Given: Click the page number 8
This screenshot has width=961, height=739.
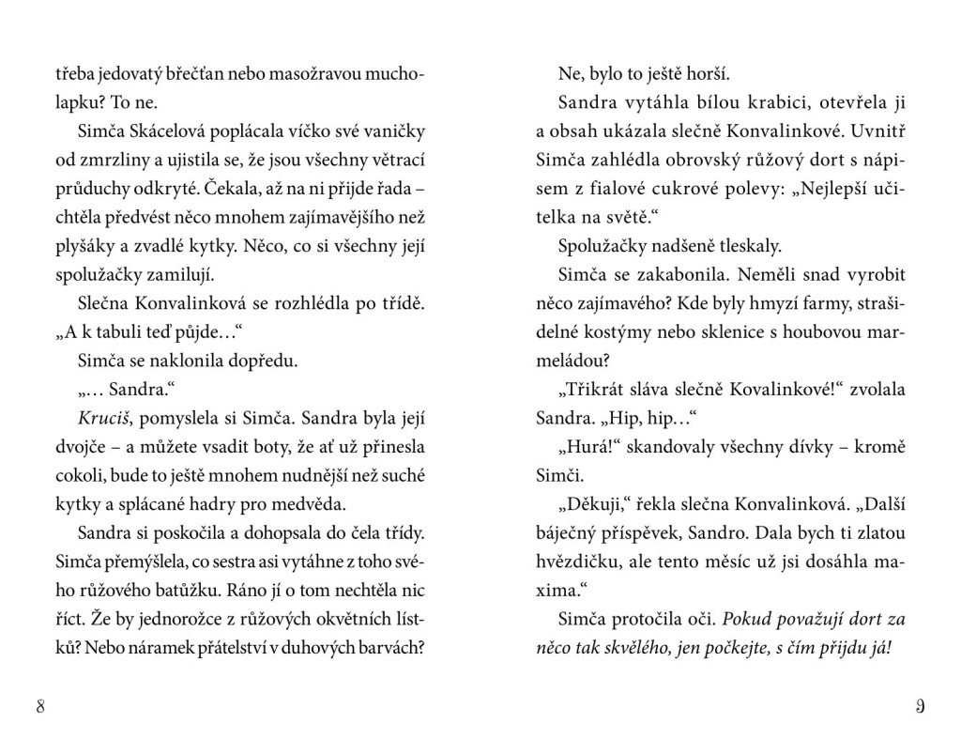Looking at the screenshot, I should point(40,706).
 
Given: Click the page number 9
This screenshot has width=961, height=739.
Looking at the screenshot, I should point(920,706).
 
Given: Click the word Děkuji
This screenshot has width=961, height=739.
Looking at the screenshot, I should point(590,502).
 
